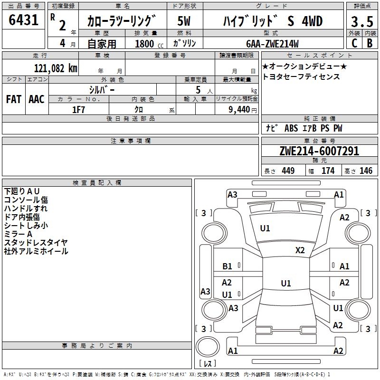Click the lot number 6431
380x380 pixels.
pyautogui.click(x=23, y=20)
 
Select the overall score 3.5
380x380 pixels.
pyautogui.click(x=361, y=21)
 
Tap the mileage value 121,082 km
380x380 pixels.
pyautogui.click(x=56, y=68)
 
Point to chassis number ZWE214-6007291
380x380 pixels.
pyautogui.click(x=319, y=152)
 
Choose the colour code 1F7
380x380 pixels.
pyautogui.click(x=78, y=109)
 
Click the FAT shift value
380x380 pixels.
pyautogui.click(x=13, y=99)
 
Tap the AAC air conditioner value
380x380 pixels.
pyautogui.click(x=37, y=99)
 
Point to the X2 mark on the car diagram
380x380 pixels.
pyautogui.click(x=300, y=250)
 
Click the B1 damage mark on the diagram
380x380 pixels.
pyautogui.click(x=228, y=266)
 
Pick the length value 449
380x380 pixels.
pyautogui.click(x=288, y=171)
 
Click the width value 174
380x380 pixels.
pyautogui.click(x=328, y=171)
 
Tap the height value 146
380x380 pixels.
pyautogui.click(x=366, y=171)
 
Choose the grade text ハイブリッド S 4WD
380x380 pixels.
pyautogui.click(x=273, y=21)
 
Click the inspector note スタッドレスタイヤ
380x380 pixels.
pyautogui.click(x=36, y=243)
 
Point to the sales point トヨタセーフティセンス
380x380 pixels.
pyautogui.click(x=301, y=76)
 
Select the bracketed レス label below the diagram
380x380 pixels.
pyautogui.click(x=208, y=364)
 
